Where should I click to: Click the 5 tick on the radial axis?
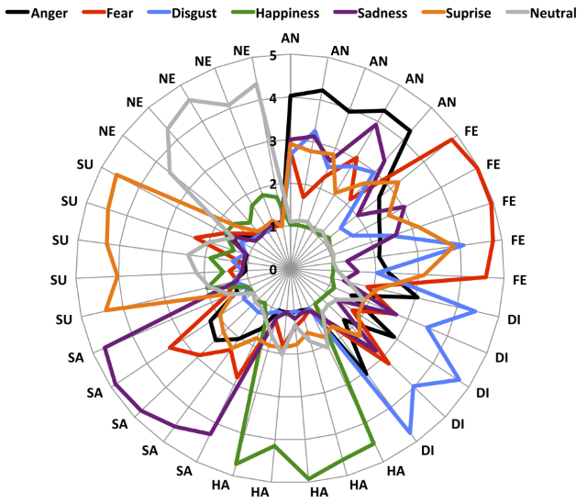[274, 56]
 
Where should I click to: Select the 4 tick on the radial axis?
[274, 98]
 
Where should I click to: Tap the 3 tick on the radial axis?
[274, 141]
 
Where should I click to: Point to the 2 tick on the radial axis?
[274, 184]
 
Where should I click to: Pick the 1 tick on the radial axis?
[274, 227]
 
